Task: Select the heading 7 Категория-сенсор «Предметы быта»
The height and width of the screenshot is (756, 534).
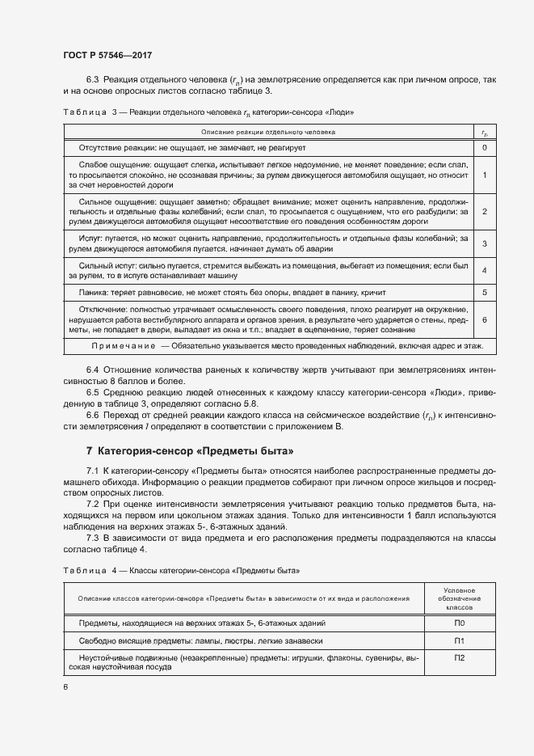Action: [190, 450]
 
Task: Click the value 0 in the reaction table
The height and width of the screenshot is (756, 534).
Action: [484, 148]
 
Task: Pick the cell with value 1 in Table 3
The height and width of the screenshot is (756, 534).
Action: [484, 175]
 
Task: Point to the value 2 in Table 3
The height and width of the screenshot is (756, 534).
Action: [484, 211]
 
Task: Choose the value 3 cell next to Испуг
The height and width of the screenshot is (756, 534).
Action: [484, 243]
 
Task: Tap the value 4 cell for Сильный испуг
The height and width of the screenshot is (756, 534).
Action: [484, 270]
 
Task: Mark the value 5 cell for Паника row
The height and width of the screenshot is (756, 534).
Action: [484, 292]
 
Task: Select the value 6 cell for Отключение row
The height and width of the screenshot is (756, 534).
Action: [484, 319]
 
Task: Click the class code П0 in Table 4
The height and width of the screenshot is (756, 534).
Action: [459, 623]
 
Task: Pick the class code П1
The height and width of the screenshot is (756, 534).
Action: [459, 640]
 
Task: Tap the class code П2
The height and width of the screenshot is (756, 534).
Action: [459, 658]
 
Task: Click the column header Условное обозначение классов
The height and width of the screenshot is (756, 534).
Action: [459, 598]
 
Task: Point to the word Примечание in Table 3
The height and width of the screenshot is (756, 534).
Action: [124, 345]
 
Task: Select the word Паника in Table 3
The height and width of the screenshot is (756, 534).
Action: [95, 292]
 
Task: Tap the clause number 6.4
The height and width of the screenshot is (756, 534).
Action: [92, 370]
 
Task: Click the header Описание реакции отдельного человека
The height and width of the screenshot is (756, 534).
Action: [267, 130]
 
